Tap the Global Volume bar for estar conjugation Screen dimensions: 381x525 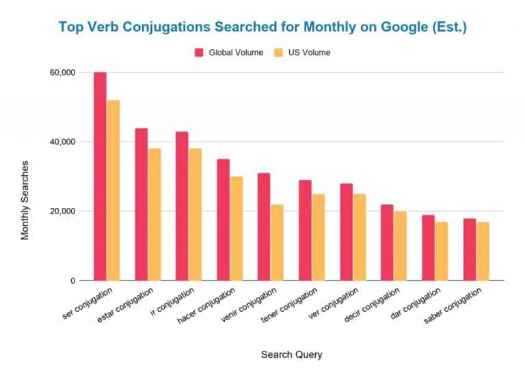point(141,205)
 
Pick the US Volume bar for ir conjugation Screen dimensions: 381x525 point(195,215)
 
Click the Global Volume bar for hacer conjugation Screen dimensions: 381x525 point(223,220)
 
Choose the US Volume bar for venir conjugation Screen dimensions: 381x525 point(277,242)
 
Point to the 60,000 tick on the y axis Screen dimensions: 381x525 point(61,73)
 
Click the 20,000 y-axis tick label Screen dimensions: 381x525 point(61,211)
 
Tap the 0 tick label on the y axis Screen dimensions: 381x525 point(71,281)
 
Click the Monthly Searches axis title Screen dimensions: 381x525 point(25,200)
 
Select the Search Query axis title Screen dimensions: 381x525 point(291,354)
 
